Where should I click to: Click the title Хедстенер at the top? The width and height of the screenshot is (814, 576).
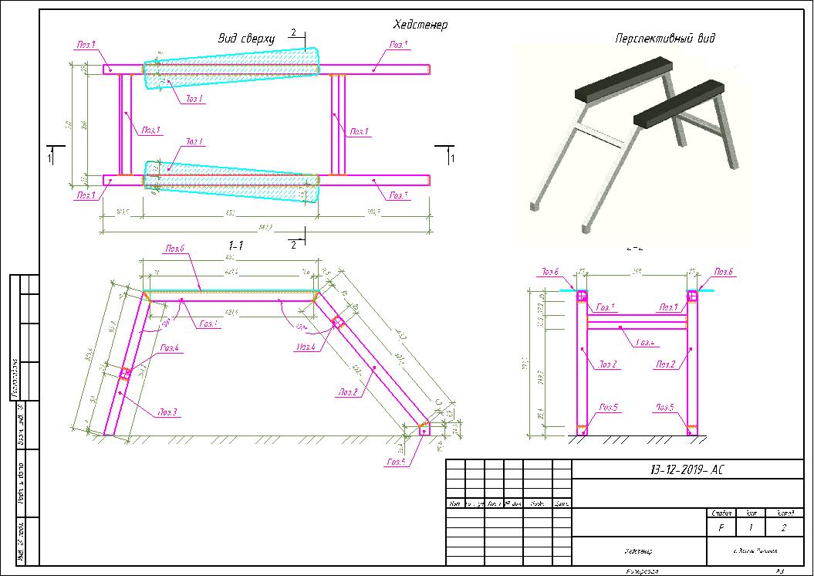(x=420, y=25)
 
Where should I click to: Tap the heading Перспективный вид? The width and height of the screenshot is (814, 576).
(x=664, y=38)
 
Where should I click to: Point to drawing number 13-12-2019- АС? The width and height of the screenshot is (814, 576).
(x=679, y=469)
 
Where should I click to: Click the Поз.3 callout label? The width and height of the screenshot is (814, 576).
(x=167, y=413)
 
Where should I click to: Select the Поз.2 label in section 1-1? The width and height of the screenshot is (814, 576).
(x=346, y=392)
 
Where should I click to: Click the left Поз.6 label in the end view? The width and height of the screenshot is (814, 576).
(x=549, y=272)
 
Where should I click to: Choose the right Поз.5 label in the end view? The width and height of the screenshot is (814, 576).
(x=664, y=407)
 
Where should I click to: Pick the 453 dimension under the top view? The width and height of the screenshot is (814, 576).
(x=229, y=212)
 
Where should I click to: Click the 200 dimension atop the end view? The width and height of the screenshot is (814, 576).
(x=637, y=272)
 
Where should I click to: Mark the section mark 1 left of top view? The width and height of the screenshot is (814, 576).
(x=51, y=158)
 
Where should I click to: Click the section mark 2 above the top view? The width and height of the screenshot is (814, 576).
(x=293, y=32)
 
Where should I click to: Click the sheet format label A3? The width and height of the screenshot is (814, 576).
(x=779, y=571)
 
